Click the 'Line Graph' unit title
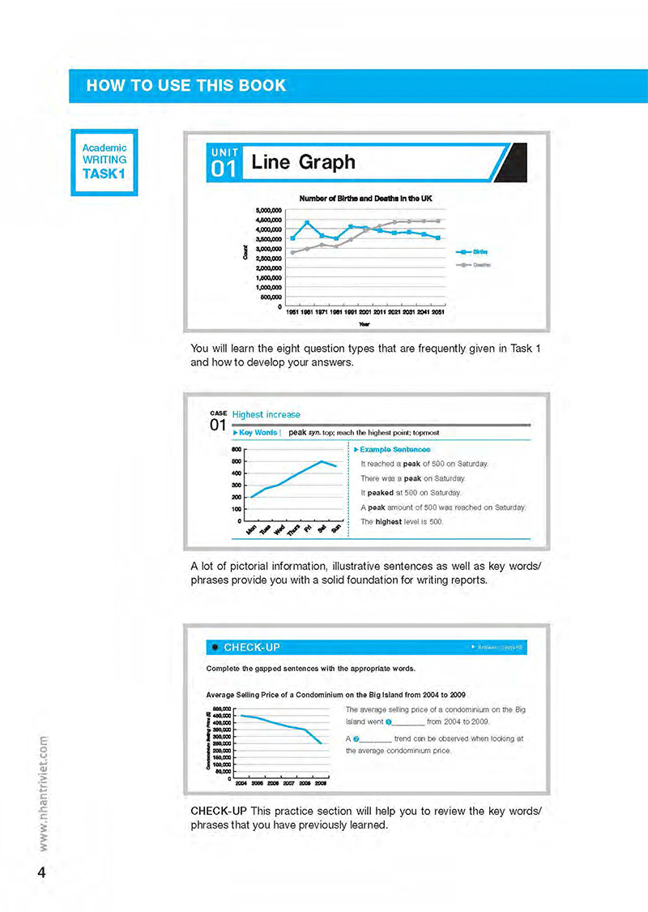pos(304,162)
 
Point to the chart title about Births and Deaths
pos(364,198)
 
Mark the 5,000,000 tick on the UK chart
pos(266,210)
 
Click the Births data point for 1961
pos(307,223)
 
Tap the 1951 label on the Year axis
pos(293,312)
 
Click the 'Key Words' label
pos(258,433)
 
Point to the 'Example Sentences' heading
pos(394,449)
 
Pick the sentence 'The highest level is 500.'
pos(402,522)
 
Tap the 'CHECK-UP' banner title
pos(252,647)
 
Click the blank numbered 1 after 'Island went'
pos(405,721)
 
